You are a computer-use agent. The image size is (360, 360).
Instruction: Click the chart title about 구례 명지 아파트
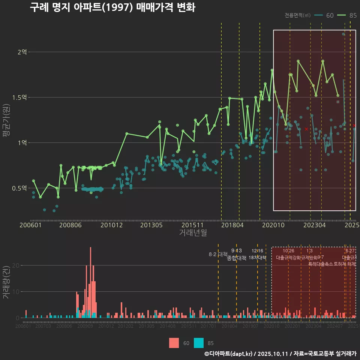point(112,7)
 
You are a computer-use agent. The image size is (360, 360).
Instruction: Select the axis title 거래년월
point(193,233)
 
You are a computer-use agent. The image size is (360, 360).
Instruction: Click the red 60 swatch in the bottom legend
point(174,343)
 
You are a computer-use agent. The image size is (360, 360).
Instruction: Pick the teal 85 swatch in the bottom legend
point(199,343)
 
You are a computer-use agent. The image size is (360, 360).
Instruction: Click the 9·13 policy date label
point(236,251)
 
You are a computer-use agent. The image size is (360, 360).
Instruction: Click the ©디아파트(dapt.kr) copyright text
point(228,354)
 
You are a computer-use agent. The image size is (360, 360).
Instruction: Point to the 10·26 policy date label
point(288,251)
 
